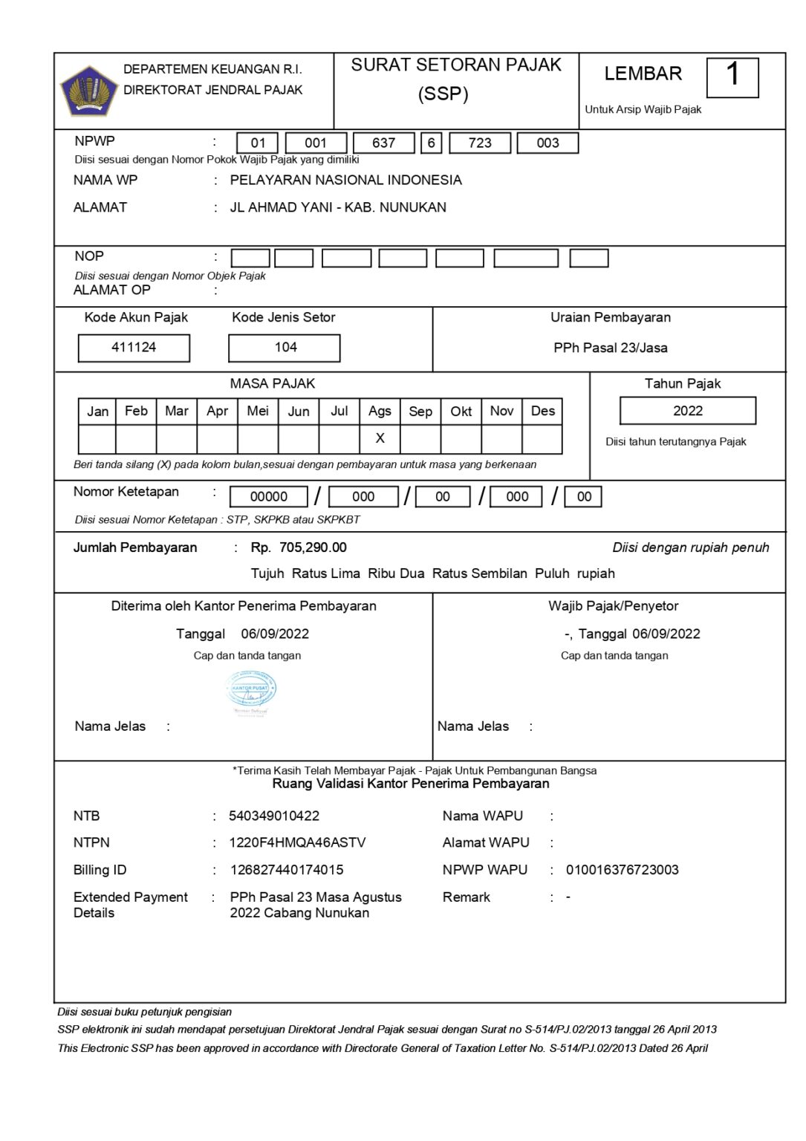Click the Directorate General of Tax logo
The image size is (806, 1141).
tap(88, 91)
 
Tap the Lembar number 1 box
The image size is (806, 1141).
tap(732, 77)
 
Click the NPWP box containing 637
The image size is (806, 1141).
tap(383, 143)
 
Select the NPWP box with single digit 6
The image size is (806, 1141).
tap(431, 143)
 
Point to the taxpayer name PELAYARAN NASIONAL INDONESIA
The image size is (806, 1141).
tap(345, 180)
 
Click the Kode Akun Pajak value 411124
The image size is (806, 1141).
tap(134, 348)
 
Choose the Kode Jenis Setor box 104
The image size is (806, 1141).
tap(285, 348)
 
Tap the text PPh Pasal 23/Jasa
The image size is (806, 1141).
tap(610, 348)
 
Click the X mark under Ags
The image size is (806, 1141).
tap(380, 438)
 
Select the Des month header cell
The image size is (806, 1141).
tap(542, 411)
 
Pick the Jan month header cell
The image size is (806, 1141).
tap(97, 411)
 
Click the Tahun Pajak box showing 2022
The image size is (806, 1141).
tap(687, 411)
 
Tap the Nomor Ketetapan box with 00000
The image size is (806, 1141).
tap(269, 497)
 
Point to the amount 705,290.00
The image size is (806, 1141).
tap(313, 547)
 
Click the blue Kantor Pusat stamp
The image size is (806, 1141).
tap(250, 691)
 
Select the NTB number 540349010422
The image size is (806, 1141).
tap(274, 816)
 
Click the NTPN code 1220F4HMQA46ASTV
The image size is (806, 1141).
tap(297, 842)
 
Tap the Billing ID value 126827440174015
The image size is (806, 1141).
tap(286, 870)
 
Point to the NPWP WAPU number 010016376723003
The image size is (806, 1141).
tap(622, 870)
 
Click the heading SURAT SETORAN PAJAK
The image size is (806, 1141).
tap(456, 65)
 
